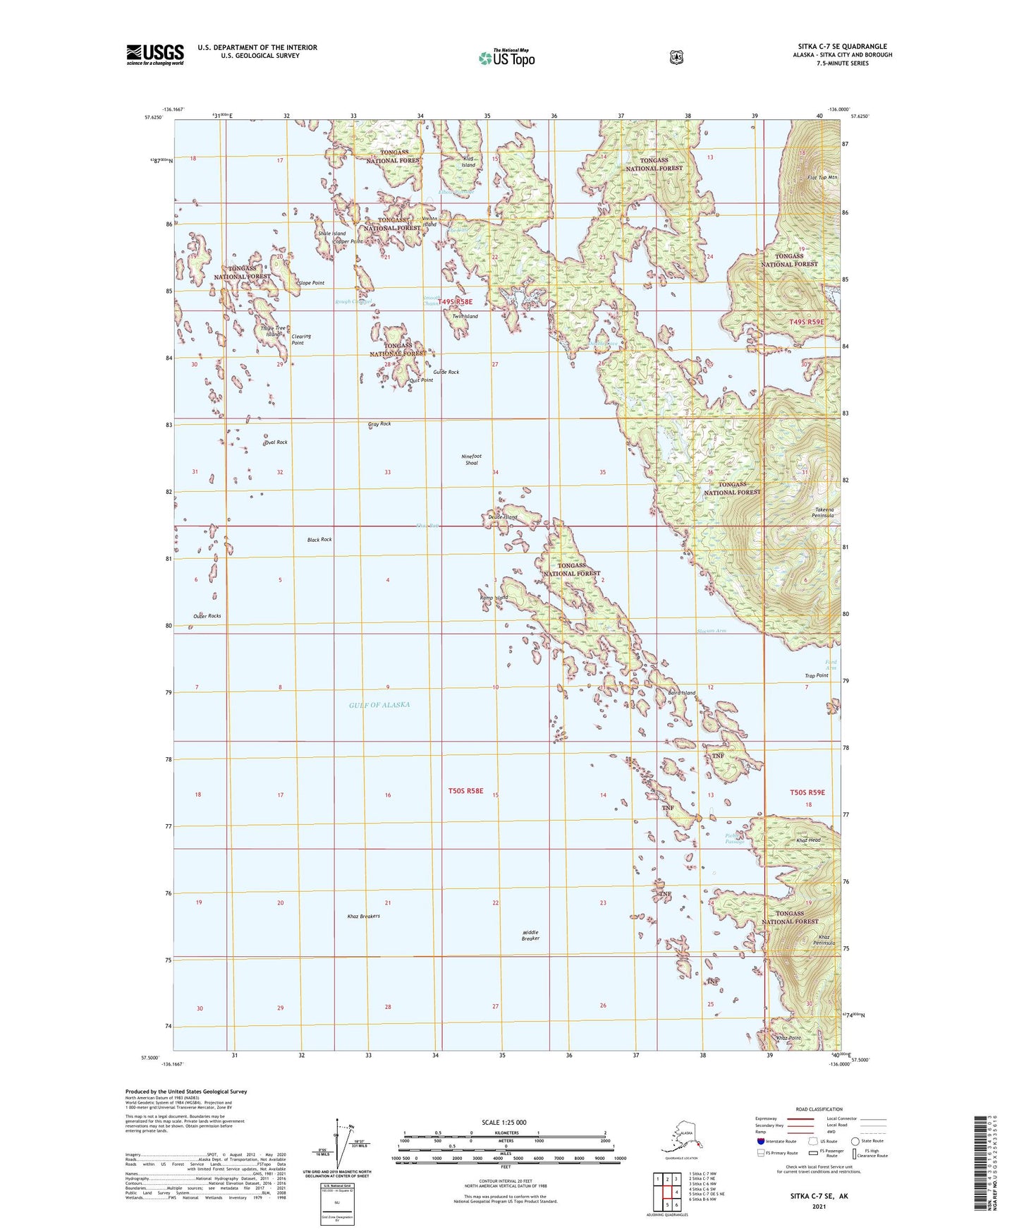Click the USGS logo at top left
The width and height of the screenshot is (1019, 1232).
[x=155, y=54]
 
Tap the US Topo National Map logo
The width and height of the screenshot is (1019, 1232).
[x=507, y=57]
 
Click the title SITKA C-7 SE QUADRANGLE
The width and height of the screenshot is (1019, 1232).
[x=842, y=47]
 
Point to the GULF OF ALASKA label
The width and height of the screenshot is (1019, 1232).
[x=379, y=705]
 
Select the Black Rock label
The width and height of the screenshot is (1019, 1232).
[x=319, y=540]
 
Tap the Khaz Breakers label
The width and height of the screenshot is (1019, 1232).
[x=364, y=917]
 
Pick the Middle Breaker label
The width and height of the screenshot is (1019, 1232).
[x=530, y=936]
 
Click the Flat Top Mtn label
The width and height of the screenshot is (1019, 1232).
[x=822, y=177]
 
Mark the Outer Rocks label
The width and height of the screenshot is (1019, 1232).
[x=207, y=616]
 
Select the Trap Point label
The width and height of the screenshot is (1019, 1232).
[x=817, y=676]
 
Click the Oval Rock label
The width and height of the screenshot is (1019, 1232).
[x=276, y=442]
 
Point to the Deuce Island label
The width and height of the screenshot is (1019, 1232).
[x=503, y=517]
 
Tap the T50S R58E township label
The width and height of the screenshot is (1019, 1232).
[x=466, y=791]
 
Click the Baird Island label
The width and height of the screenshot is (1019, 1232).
[x=681, y=693]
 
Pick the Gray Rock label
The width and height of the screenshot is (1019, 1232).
[x=379, y=424]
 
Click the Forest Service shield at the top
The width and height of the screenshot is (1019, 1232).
[x=676, y=57]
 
